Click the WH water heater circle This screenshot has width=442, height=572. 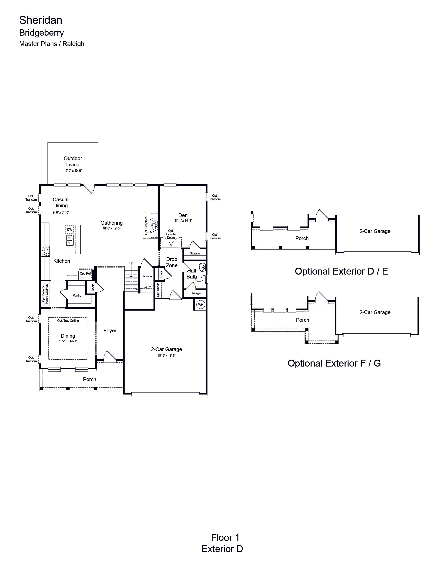click(201, 305)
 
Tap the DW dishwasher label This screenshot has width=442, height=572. click(70, 230)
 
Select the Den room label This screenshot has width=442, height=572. click(183, 215)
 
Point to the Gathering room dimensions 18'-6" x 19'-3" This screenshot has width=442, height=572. click(112, 228)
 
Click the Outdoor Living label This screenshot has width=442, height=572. click(73, 162)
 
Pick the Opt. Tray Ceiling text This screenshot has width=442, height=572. click(68, 321)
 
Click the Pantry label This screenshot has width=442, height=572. click(77, 295)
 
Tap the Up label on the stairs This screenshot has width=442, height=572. click(131, 263)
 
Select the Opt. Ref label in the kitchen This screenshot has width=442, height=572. click(85, 273)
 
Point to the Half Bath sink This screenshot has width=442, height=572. click(202, 267)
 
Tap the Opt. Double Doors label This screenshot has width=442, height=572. click(171, 234)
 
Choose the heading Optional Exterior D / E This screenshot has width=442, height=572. click(341, 271)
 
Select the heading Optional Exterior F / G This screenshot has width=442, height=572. click(334, 363)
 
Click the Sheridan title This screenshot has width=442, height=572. click(41, 20)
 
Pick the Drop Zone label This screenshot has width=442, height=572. click(172, 262)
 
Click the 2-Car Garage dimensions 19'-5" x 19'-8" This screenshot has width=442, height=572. click(167, 355)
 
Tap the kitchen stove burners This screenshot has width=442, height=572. click(45, 251)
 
